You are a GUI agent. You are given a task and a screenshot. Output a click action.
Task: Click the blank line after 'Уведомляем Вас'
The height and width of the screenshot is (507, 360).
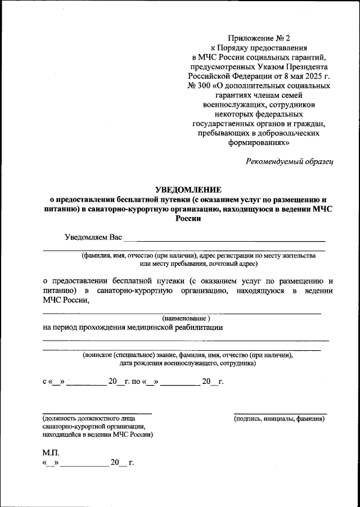coord(224,240)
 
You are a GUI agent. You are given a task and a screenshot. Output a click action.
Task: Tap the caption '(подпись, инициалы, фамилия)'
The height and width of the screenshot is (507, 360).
coord(280,419)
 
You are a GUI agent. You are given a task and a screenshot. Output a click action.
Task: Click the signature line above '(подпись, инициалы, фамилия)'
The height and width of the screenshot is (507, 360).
coord(280,413)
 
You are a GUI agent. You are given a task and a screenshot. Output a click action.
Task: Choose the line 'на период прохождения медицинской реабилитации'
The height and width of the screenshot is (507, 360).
coord(133,328)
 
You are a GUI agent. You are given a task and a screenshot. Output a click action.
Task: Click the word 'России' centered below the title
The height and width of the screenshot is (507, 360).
coord(188,220)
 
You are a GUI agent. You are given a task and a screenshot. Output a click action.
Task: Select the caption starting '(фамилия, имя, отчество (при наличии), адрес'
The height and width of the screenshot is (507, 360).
coord(197,255)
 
